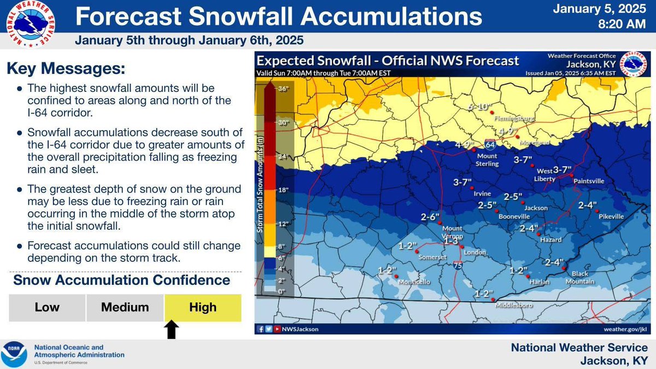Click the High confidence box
tap(203, 308)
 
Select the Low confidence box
tap(47, 308)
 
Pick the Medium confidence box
tap(125, 308)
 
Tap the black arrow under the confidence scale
tap(172, 330)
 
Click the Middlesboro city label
tap(514, 306)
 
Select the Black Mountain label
tap(583, 277)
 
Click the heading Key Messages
tap(66, 69)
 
